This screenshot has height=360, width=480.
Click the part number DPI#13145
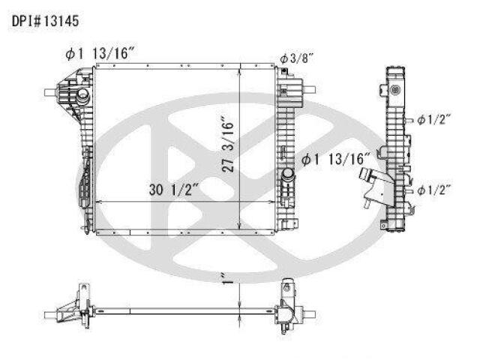click(45, 22)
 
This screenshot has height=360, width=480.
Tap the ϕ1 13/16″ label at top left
click(100, 54)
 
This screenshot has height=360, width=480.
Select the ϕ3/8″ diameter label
click(297, 58)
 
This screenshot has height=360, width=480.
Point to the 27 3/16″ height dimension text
click(228, 144)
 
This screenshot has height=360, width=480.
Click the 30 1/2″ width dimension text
click(174, 190)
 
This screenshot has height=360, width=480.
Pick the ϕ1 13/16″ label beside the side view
click(336, 159)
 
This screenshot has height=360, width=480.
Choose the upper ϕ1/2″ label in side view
click(434, 120)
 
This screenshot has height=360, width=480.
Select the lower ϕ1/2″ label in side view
click(434, 190)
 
